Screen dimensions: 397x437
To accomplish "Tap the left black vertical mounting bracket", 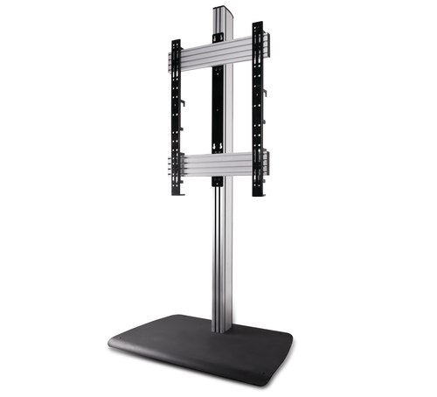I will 176,114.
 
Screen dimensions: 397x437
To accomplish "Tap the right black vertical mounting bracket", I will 259,109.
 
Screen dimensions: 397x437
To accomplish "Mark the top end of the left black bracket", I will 176,42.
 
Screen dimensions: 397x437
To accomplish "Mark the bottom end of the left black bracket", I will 177,191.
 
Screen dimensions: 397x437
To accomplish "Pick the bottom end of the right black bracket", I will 260,194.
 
